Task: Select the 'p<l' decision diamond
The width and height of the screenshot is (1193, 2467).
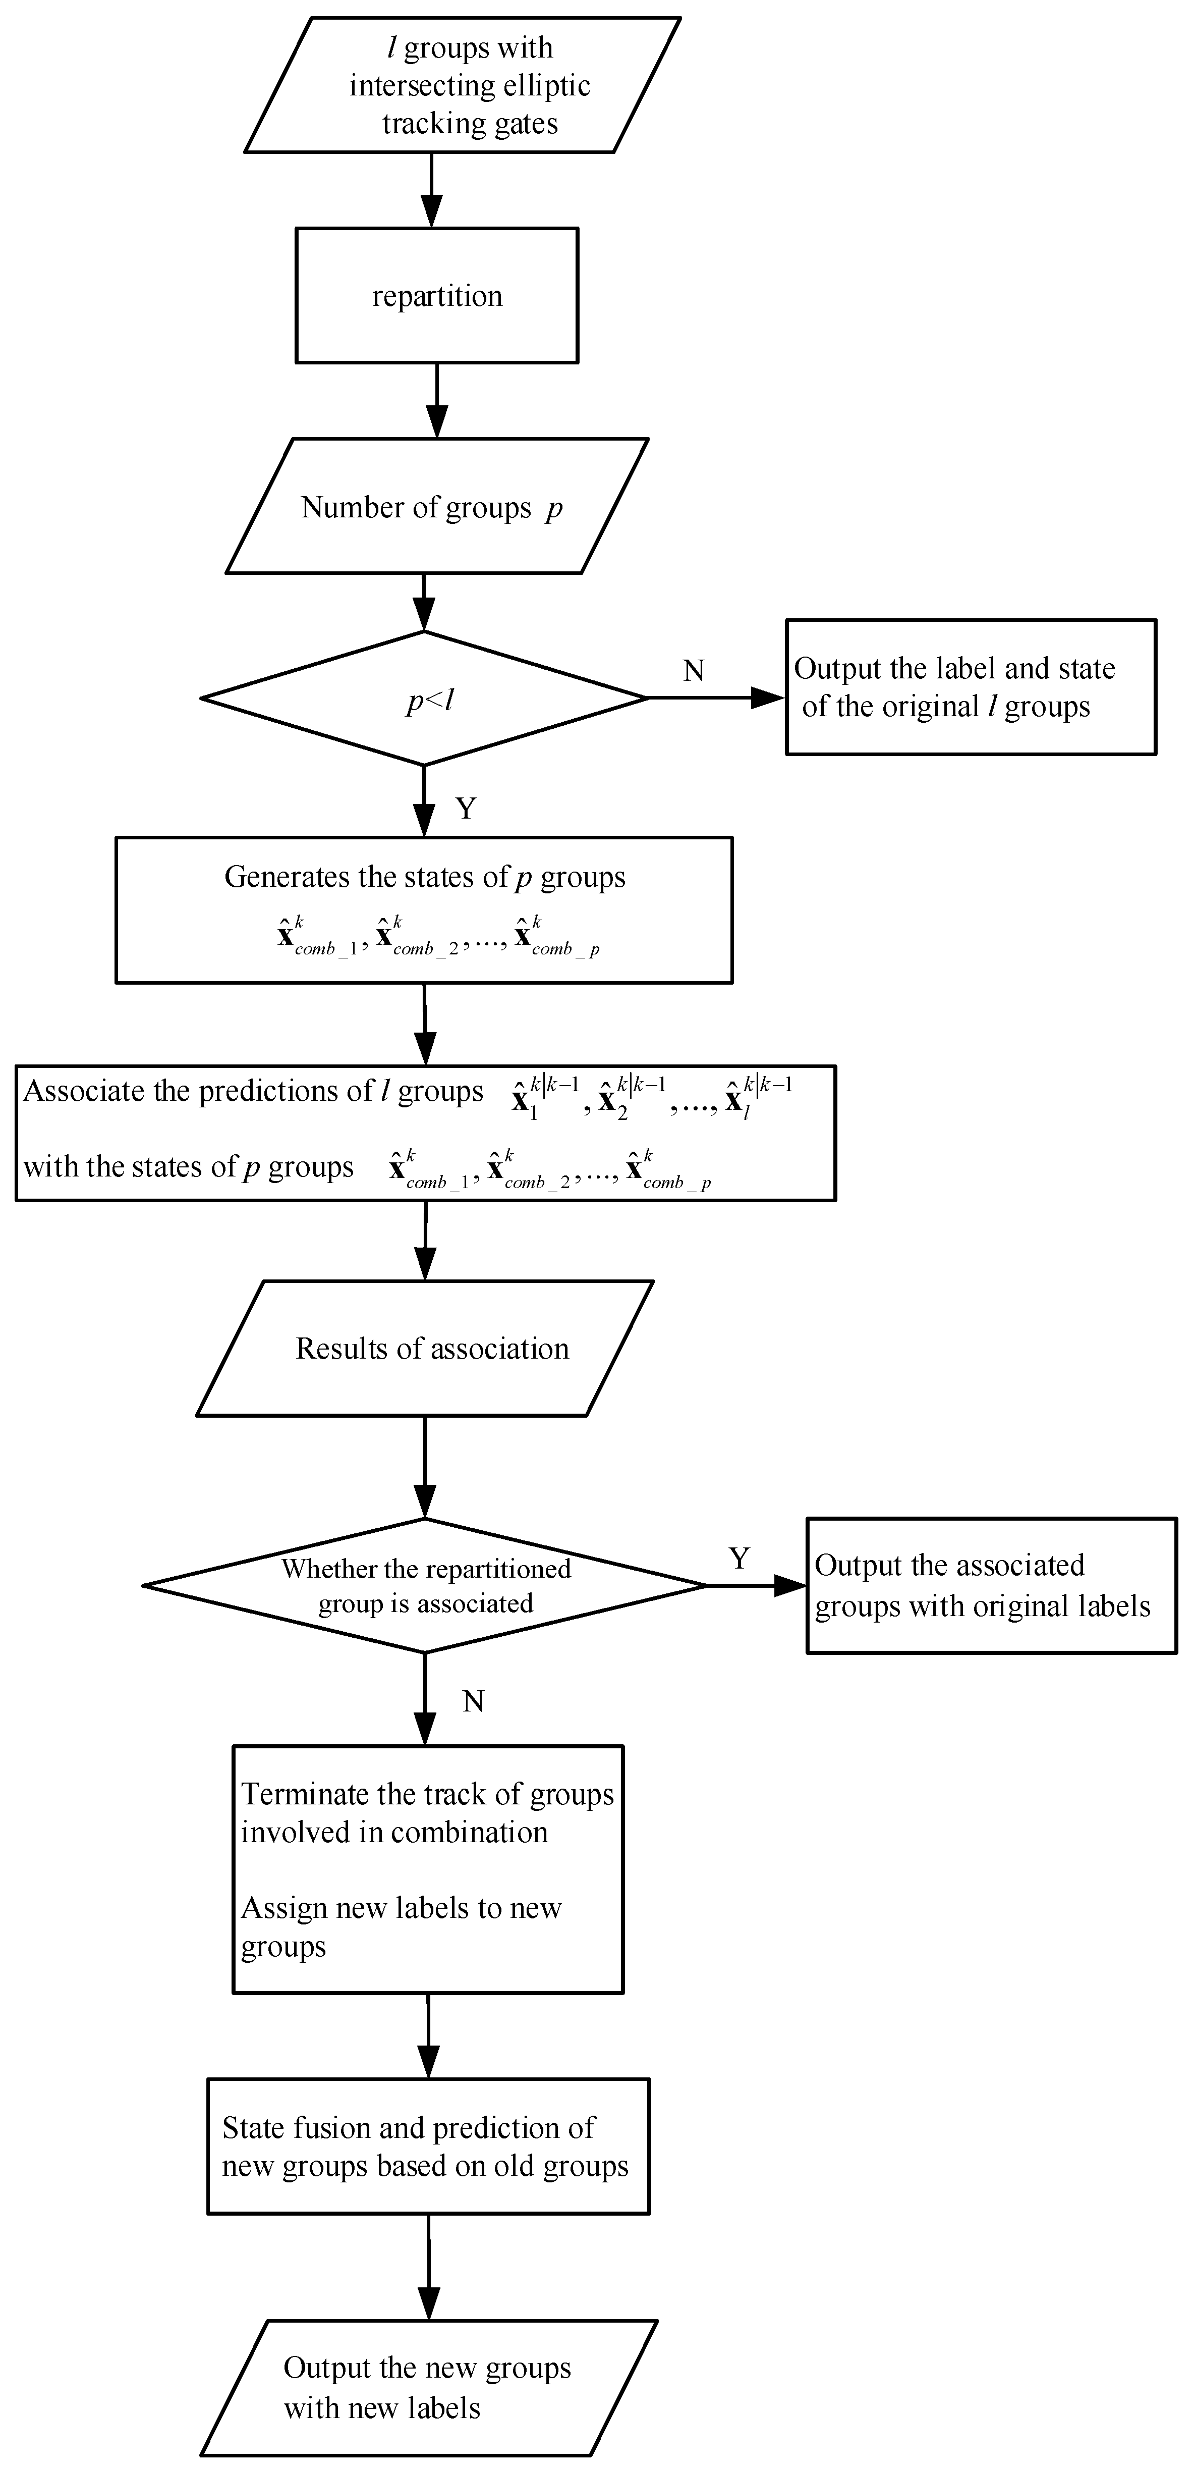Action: (424, 698)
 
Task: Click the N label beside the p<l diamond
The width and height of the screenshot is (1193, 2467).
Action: (693, 670)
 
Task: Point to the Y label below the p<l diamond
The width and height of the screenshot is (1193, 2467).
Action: (465, 809)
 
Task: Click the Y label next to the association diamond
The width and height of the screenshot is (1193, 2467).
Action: (738, 1558)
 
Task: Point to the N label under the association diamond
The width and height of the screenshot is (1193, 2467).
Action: (473, 1701)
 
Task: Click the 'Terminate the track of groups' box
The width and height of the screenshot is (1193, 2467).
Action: (428, 1869)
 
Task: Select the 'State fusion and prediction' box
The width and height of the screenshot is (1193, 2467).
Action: (428, 2146)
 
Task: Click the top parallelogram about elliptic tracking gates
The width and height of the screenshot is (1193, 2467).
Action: (463, 85)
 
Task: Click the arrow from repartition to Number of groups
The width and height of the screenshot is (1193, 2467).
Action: (437, 400)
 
